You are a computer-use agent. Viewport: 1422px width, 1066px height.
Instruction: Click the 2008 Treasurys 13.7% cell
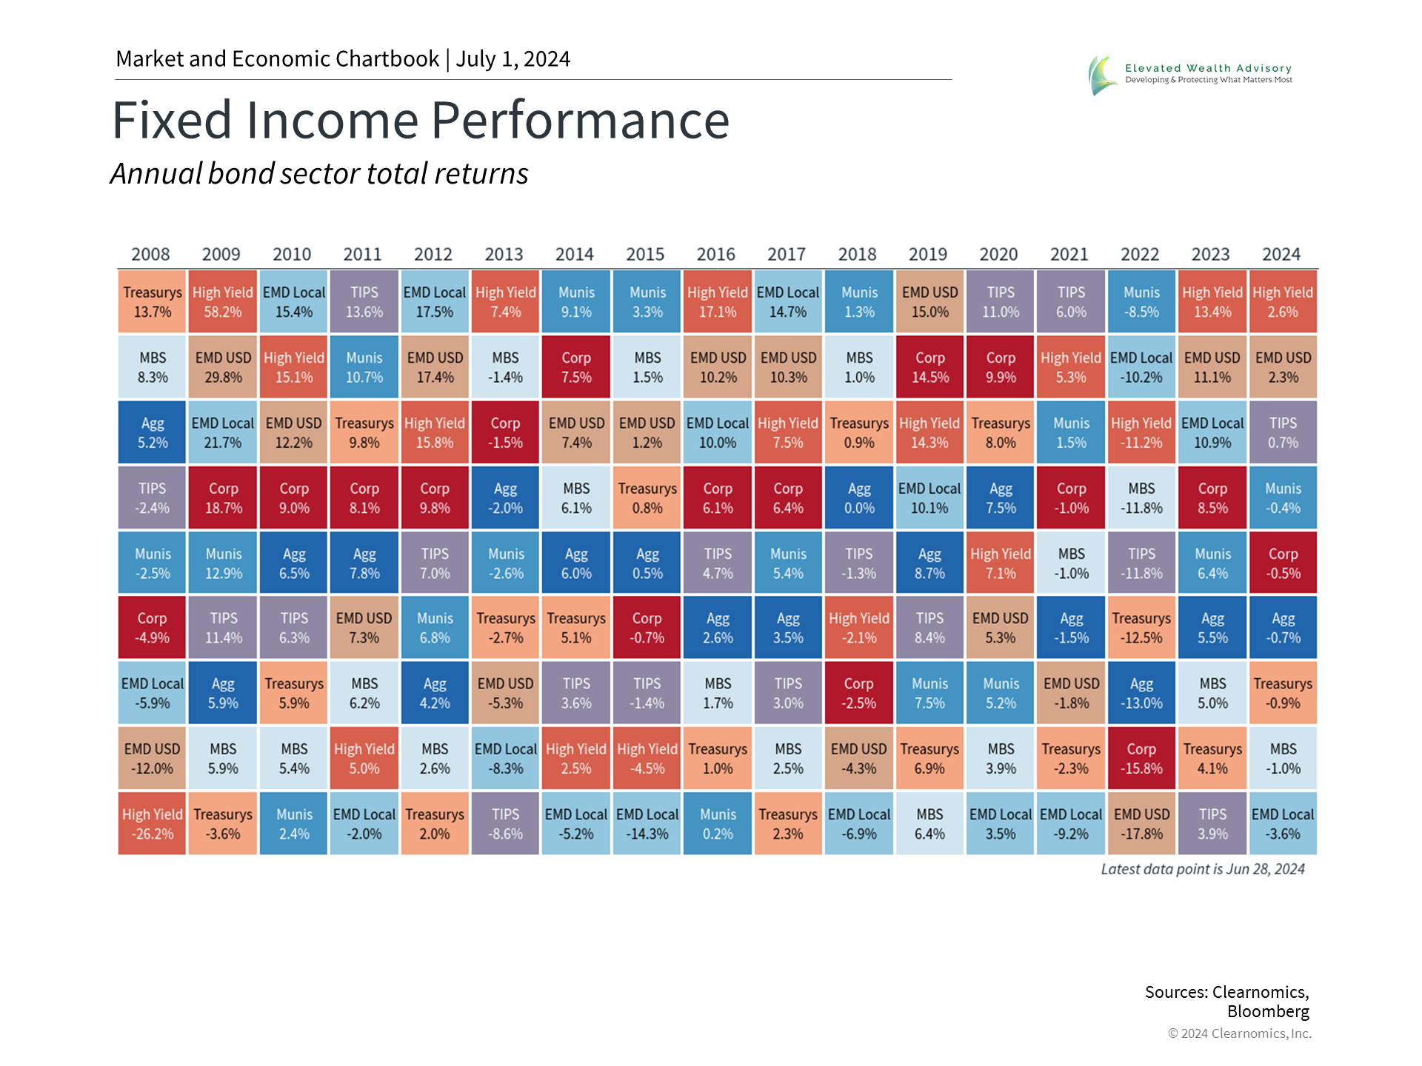pyautogui.click(x=152, y=302)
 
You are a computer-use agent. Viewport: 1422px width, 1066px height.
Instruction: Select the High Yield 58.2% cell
pyautogui.click(x=223, y=302)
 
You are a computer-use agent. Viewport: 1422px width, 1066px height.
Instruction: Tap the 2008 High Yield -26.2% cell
pyautogui.click(x=152, y=824)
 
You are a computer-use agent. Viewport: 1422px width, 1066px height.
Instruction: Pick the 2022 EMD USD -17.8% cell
pyautogui.click(x=1141, y=824)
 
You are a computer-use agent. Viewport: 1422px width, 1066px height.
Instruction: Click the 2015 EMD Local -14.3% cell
pyautogui.click(x=647, y=824)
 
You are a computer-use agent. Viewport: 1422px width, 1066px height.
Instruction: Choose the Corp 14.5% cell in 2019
pyautogui.click(x=929, y=367)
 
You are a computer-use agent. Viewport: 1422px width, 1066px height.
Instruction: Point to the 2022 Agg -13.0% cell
pyautogui.click(x=1141, y=694)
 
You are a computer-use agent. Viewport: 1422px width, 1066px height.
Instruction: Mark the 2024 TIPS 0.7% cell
pyautogui.click(x=1283, y=433)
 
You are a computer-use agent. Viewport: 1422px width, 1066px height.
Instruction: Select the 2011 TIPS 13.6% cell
pyautogui.click(x=364, y=302)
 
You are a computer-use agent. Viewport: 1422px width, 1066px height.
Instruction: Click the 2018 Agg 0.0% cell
pyautogui.click(x=859, y=498)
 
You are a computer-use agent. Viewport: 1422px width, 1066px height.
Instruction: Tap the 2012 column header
pyautogui.click(x=433, y=255)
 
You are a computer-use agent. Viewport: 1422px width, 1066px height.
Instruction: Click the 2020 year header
pyautogui.click(x=998, y=255)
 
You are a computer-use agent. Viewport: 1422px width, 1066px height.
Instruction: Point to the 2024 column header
pyautogui.click(x=1281, y=255)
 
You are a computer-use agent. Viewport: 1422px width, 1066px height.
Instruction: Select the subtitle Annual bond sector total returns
pyautogui.click(x=319, y=174)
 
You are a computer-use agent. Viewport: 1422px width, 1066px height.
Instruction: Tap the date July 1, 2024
pyautogui.click(x=513, y=59)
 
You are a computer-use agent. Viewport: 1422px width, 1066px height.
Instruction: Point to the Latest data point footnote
pyautogui.click(x=1202, y=869)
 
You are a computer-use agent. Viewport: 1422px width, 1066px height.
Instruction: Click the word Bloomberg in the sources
pyautogui.click(x=1268, y=1011)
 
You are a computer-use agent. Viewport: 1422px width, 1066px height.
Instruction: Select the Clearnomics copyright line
pyautogui.click(x=1239, y=1033)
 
